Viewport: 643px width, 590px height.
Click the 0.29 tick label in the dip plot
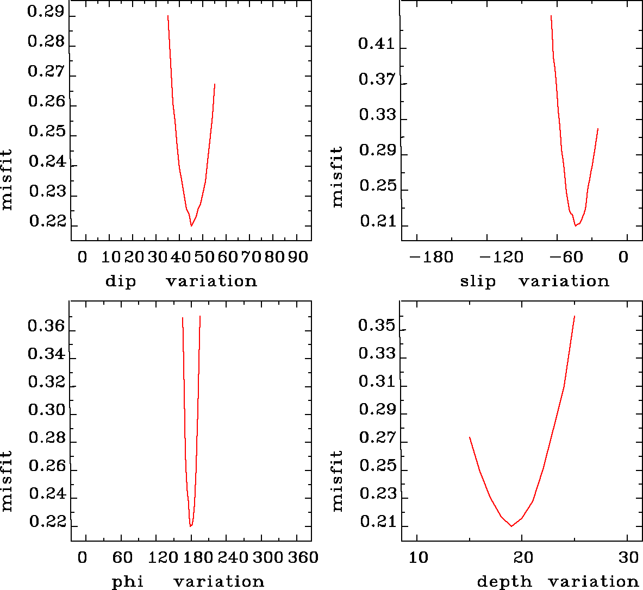(46, 12)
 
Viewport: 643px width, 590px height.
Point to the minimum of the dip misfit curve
(191, 225)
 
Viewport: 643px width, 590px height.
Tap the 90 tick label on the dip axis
(298, 256)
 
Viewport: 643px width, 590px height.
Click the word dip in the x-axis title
(120, 281)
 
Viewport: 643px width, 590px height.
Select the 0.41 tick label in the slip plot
(376, 43)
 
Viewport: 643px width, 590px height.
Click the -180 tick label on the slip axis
(432, 256)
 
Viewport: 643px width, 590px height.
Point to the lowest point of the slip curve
(575, 225)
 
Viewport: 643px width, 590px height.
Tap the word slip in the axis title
(478, 281)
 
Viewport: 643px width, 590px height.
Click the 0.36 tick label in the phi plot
(46, 327)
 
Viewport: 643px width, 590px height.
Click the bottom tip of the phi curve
(190, 526)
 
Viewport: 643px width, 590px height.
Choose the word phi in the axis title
(128, 582)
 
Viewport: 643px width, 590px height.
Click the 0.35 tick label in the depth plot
(376, 326)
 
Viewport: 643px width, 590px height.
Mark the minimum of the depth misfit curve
(511, 526)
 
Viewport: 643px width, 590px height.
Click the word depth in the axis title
(504, 582)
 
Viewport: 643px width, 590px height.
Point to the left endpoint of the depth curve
(470, 437)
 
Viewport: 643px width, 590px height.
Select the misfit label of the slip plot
(338, 177)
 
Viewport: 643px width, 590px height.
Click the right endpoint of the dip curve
(215, 84)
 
